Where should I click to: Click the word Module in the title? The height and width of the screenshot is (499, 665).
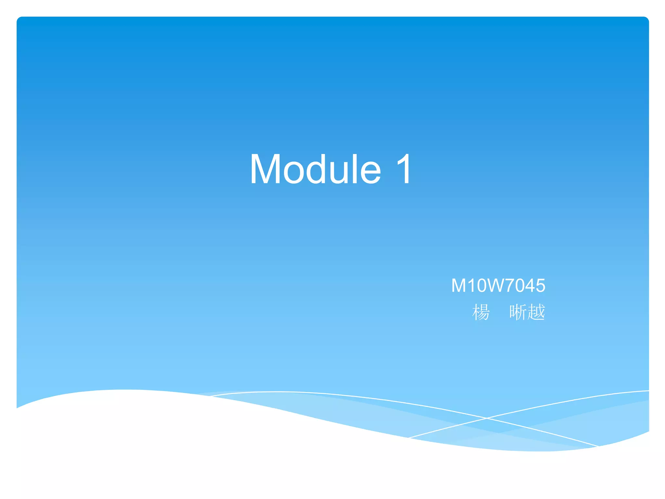click(x=315, y=170)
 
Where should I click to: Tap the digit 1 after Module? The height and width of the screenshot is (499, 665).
click(x=404, y=170)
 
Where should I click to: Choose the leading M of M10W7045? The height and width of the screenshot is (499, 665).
click(x=459, y=286)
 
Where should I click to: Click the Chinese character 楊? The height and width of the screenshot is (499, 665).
click(x=481, y=312)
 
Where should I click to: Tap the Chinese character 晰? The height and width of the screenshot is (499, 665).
click(x=518, y=312)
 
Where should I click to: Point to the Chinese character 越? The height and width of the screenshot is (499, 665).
click(x=536, y=312)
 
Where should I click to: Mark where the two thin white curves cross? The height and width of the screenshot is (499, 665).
click(x=487, y=418)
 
